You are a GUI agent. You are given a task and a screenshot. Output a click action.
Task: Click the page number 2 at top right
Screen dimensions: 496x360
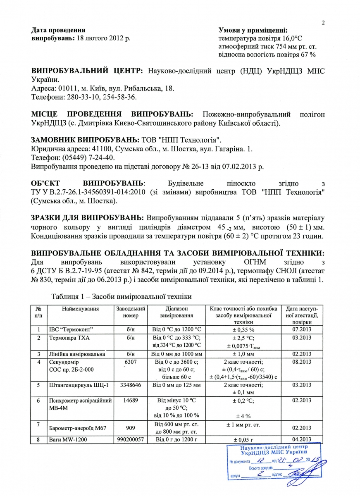323,23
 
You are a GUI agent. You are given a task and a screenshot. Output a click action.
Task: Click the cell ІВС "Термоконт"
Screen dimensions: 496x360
70,329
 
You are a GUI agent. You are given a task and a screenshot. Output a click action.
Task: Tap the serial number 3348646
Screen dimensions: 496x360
130,385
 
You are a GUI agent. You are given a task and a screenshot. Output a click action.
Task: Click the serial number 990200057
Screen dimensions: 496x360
130,440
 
